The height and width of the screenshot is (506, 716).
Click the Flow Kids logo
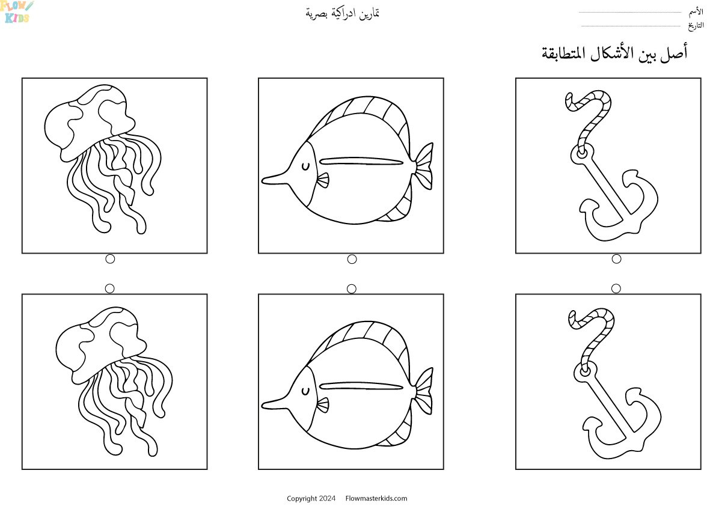(x=17, y=12)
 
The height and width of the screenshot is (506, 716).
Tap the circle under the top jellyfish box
(x=110, y=259)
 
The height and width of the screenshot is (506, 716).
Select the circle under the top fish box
(x=352, y=259)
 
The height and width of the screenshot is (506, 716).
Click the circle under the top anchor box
(x=616, y=259)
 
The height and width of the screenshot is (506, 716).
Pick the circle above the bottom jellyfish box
(x=109, y=288)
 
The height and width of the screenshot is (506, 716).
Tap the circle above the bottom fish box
(x=352, y=289)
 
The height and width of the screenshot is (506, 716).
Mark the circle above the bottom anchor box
(x=616, y=288)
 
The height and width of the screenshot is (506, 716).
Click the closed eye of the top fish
(x=305, y=167)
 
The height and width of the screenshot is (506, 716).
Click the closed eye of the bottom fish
(x=305, y=391)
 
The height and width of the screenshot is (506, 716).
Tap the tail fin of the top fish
(x=423, y=166)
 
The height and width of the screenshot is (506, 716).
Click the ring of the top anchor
(x=582, y=154)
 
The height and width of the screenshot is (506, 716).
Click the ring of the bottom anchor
(x=586, y=371)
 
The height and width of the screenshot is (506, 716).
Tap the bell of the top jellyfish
(x=90, y=121)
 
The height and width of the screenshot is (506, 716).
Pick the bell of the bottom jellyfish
(x=101, y=344)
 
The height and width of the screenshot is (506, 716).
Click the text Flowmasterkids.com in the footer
(x=376, y=498)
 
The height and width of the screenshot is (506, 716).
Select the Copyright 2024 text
(x=311, y=498)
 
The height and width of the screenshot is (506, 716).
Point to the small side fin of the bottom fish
(x=323, y=405)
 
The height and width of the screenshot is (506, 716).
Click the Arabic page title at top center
(x=343, y=13)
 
